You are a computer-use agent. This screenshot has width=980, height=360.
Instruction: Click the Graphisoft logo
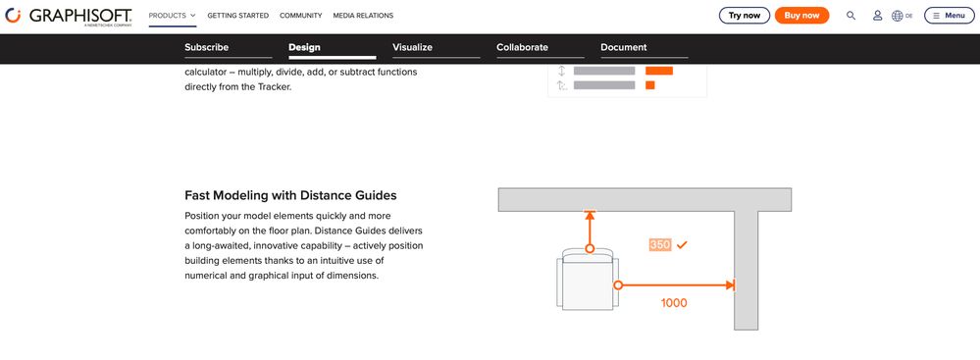pyautogui.click(x=69, y=17)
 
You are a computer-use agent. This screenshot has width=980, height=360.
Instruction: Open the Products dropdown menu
pyautogui.click(x=173, y=16)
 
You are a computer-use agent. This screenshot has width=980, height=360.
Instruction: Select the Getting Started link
pyautogui.click(x=238, y=16)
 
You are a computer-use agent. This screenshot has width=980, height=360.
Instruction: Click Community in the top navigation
pyautogui.click(x=300, y=16)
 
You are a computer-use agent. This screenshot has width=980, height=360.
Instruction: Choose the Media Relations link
pyautogui.click(x=363, y=16)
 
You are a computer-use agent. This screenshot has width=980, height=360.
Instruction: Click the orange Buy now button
pyautogui.click(x=801, y=16)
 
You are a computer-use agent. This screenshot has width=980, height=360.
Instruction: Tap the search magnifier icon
pyautogui.click(x=851, y=16)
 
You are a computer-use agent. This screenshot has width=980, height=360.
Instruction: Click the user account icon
pyautogui.click(x=878, y=16)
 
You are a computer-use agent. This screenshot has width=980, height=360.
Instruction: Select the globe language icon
pyautogui.click(x=897, y=16)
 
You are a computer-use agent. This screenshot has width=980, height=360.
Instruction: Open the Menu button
pyautogui.click(x=949, y=16)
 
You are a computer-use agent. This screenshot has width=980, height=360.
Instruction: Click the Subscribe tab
pyautogui.click(x=206, y=47)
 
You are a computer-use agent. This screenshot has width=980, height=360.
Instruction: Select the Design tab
pyautogui.click(x=304, y=47)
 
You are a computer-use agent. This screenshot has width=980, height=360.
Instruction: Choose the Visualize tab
pyautogui.click(x=412, y=47)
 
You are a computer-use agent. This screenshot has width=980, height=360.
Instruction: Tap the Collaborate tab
pyautogui.click(x=522, y=47)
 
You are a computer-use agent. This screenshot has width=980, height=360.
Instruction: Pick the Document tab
pyautogui.click(x=624, y=47)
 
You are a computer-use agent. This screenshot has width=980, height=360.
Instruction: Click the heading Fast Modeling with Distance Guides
pyautogui.click(x=290, y=195)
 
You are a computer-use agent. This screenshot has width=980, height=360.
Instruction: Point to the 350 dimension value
pyautogui.click(x=660, y=245)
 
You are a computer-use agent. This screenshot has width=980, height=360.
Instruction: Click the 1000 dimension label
pyautogui.click(x=674, y=303)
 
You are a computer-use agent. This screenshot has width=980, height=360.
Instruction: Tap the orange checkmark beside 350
pyautogui.click(x=682, y=245)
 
